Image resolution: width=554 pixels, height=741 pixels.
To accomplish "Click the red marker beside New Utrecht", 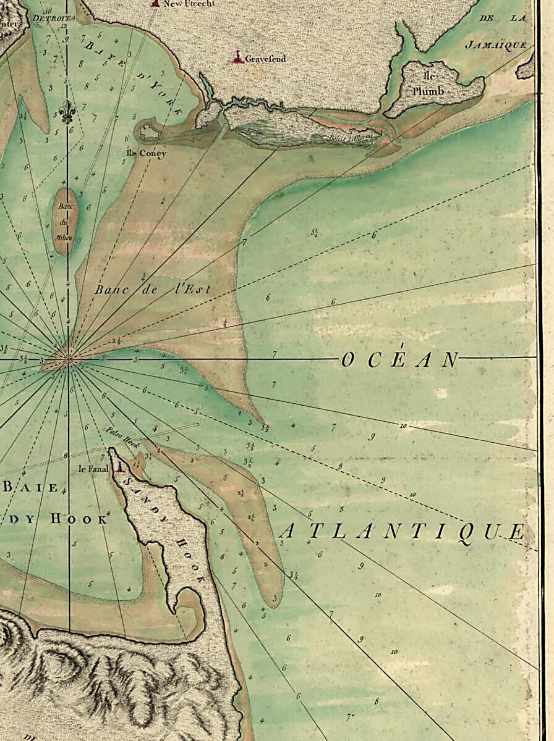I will click(x=155, y=4).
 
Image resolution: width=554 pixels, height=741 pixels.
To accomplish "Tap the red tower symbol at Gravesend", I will click(x=237, y=59).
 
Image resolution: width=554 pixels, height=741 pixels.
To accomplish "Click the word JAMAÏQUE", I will click(x=496, y=45).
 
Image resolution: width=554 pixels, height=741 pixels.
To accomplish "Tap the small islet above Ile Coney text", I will click(x=149, y=131).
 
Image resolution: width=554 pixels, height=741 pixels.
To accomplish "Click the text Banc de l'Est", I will click(x=153, y=288).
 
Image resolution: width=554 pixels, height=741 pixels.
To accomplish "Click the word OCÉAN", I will click(x=399, y=360).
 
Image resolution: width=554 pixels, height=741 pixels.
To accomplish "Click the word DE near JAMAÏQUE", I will click(x=487, y=19).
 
